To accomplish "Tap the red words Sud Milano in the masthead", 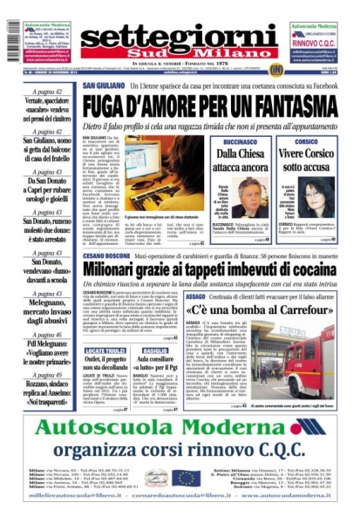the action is [180, 54].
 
